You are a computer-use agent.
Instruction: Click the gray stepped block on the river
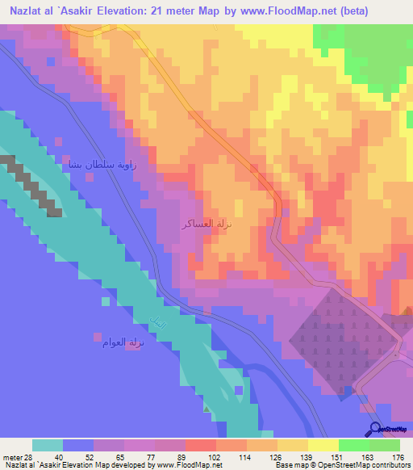click(33, 185)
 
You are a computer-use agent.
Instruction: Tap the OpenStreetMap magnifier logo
click(373, 430)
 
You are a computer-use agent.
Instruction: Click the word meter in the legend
click(12, 457)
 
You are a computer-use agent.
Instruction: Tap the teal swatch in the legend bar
click(48, 445)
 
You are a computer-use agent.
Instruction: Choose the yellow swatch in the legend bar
click(323, 445)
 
